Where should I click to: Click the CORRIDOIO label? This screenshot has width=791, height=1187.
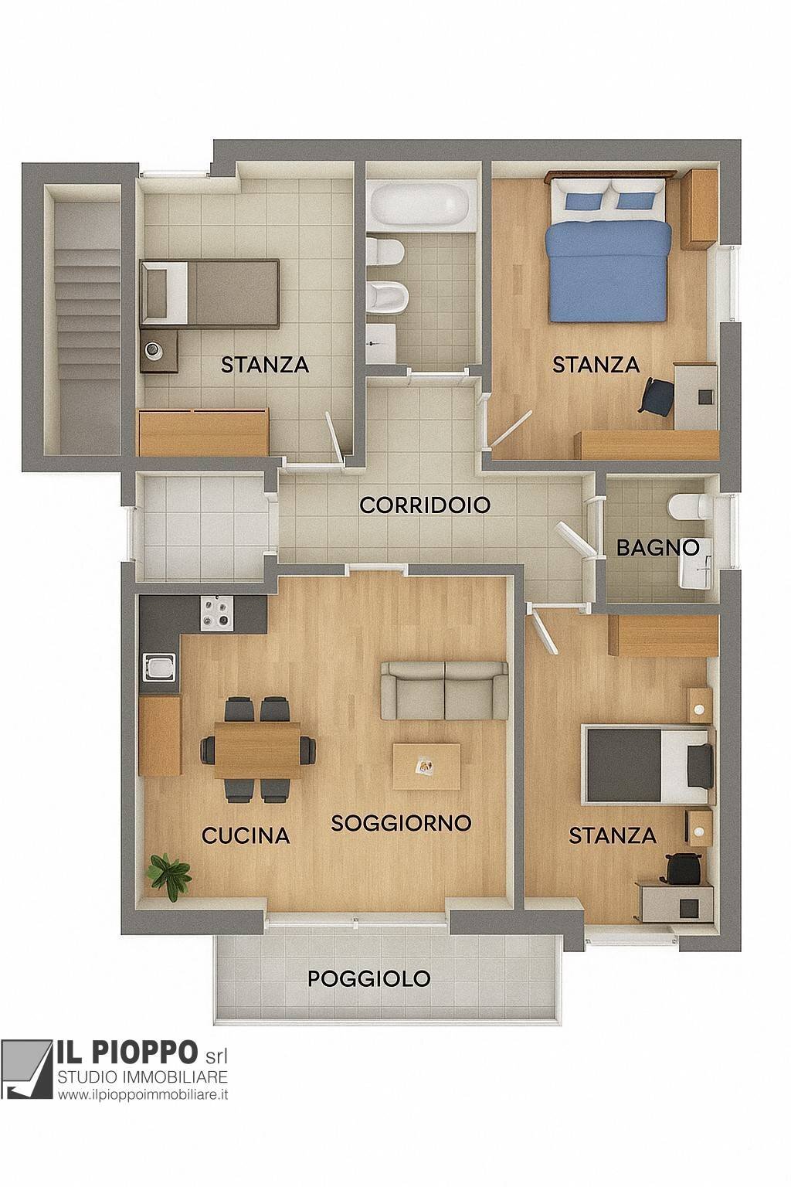click(x=425, y=505)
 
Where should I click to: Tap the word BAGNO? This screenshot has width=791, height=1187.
click(x=657, y=547)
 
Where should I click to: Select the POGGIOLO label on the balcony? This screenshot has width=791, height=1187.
click(x=368, y=979)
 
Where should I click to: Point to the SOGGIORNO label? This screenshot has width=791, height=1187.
click(x=401, y=823)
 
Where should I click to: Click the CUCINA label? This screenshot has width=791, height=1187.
click(x=246, y=835)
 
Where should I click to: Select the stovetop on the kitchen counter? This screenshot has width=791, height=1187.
click(x=217, y=613)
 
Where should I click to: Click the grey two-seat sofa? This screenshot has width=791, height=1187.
click(x=444, y=690)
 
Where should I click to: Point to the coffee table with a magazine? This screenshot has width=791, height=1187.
click(x=426, y=767)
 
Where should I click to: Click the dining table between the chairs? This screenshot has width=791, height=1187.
click(x=258, y=750)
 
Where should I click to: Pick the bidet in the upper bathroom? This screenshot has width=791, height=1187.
click(x=388, y=297)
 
